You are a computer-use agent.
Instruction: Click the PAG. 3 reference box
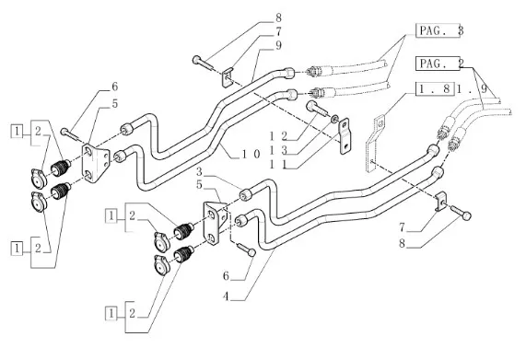(438, 30)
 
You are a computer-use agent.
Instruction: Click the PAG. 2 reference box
(438, 64)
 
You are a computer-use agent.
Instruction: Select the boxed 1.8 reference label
(435, 88)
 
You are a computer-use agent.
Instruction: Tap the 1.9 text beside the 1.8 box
(472, 88)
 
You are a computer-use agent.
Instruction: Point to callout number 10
(251, 154)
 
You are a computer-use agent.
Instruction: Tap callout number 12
(279, 136)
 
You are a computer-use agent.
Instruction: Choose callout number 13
(279, 150)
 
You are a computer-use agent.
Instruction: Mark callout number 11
(279, 165)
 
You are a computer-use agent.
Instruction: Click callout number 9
(278, 45)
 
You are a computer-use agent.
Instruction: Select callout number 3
(200, 172)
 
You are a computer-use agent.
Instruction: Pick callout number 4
(227, 296)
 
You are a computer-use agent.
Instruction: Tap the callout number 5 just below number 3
(200, 185)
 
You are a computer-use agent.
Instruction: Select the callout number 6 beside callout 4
(227, 276)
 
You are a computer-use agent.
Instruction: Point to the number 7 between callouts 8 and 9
(278, 31)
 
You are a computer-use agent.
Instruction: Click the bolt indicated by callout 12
(316, 109)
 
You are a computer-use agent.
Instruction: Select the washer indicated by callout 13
(334, 119)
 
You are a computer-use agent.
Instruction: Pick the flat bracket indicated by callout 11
(345, 136)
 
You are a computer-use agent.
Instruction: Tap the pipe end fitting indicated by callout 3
(246, 195)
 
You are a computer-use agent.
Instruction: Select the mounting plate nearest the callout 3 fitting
(215, 223)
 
